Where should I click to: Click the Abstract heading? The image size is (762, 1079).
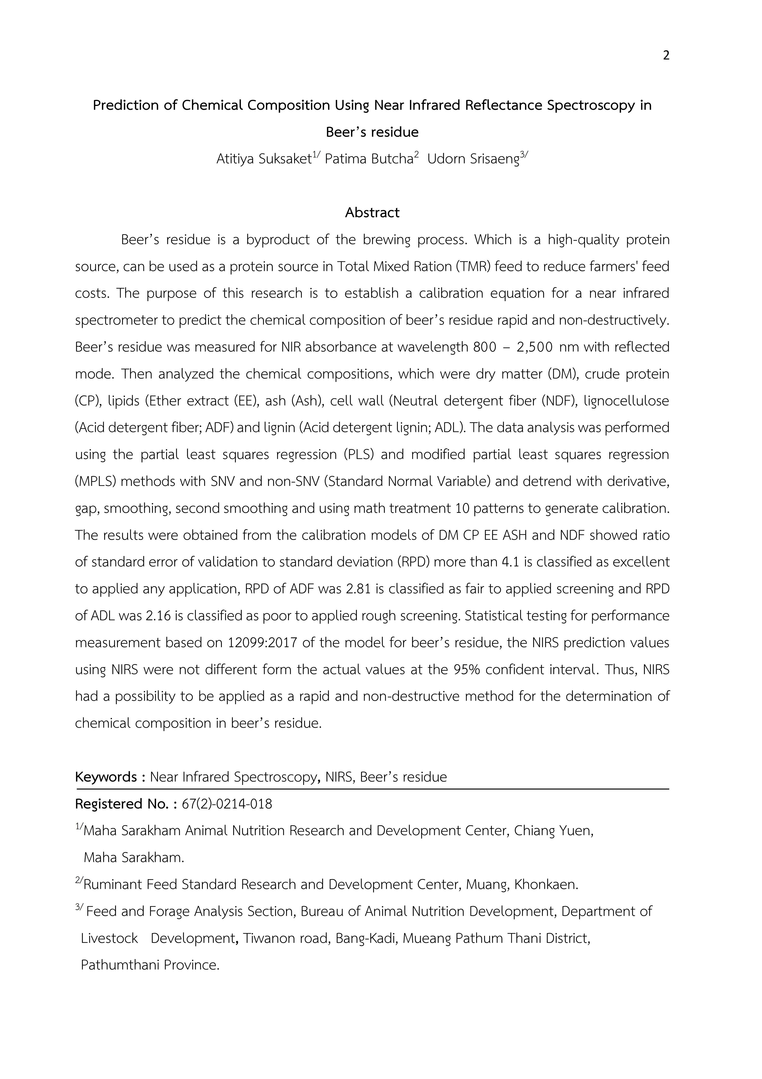click(372, 213)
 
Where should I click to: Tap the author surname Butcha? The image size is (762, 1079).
click(392, 159)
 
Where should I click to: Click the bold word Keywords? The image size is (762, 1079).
click(106, 777)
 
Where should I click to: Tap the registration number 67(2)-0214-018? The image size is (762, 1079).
click(227, 804)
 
